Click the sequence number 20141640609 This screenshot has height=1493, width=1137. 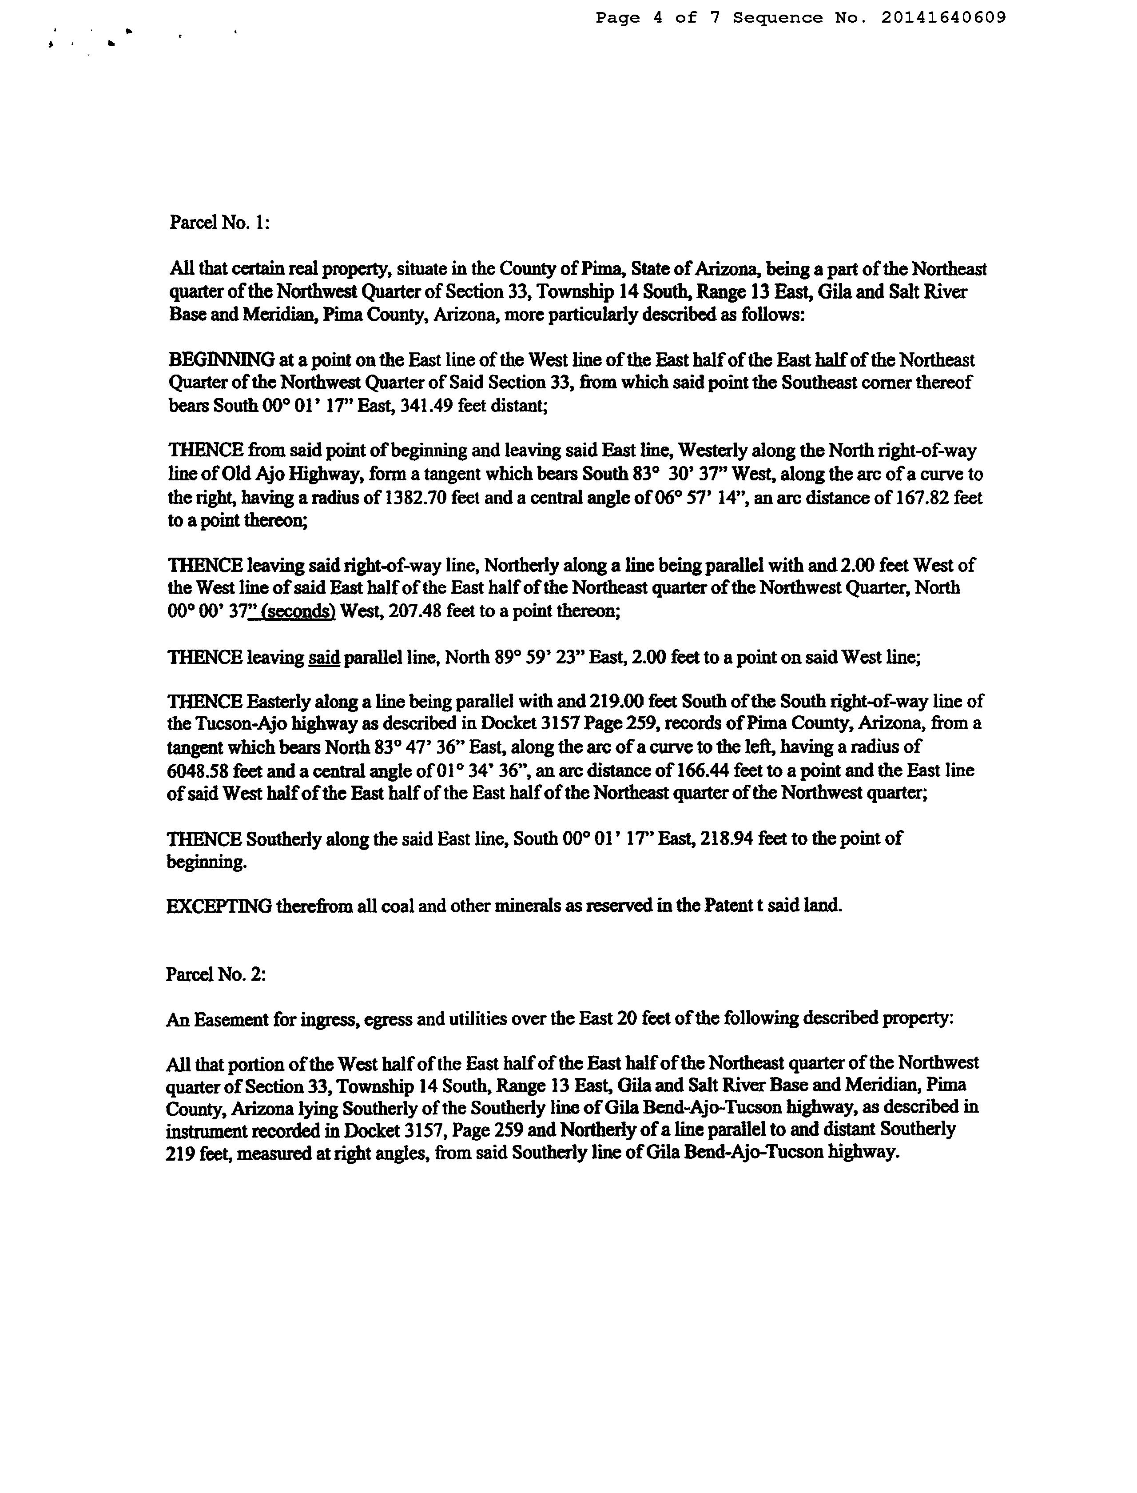click(943, 18)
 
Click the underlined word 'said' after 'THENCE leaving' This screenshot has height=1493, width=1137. click(323, 658)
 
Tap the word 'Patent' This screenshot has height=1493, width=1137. click(728, 906)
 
